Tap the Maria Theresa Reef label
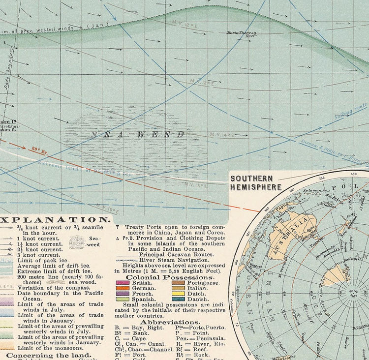(242, 34)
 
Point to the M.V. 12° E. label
(184, 23)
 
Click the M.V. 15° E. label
(196, 185)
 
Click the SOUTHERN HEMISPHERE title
(255, 183)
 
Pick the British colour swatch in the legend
(122, 283)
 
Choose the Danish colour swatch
(178, 299)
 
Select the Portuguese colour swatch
(178, 283)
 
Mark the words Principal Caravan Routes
(176, 254)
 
